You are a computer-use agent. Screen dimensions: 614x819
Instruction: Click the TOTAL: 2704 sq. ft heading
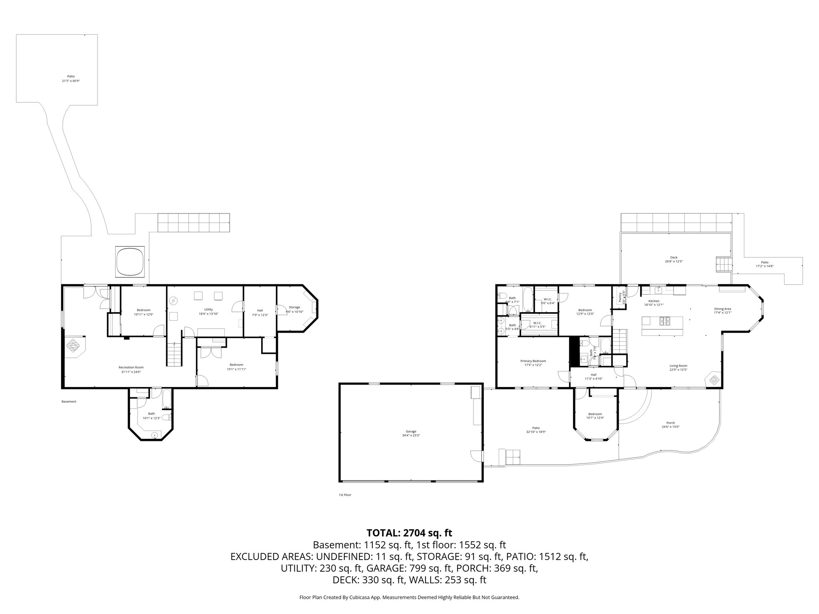[x=409, y=532]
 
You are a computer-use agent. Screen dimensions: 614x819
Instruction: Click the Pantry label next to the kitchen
[x=620, y=297]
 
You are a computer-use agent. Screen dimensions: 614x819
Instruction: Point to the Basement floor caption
[x=69, y=401]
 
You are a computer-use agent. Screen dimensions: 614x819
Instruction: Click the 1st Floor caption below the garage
[x=345, y=495]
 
